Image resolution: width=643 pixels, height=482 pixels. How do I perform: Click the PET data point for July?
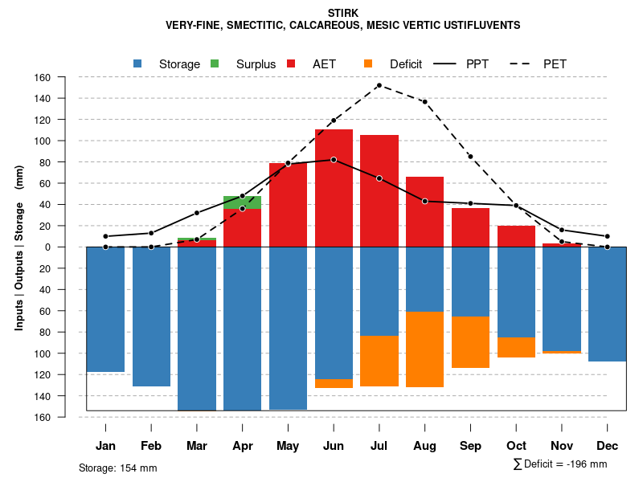coord(379,85)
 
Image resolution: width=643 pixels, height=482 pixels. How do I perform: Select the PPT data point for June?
coord(334,160)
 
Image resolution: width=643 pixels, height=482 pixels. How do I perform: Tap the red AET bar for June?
coord(334,188)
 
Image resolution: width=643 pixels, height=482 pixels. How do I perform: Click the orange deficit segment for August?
coord(424,349)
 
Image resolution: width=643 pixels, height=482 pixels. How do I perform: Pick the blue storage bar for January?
coord(105,309)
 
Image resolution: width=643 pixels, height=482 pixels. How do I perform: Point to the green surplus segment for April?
coord(242,202)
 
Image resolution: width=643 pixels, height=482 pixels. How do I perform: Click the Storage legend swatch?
coord(138,63)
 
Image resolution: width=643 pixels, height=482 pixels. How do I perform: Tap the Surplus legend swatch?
coord(215,63)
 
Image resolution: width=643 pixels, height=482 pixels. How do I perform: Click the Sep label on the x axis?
coord(470,446)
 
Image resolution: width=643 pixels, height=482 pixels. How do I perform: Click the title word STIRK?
coord(343,13)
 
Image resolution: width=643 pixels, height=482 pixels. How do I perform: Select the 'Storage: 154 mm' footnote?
coord(117,468)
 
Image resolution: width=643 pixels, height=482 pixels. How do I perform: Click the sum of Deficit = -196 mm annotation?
coord(559,464)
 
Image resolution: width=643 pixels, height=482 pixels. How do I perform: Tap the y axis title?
coord(19,247)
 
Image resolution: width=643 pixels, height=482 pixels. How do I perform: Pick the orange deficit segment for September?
coord(470,342)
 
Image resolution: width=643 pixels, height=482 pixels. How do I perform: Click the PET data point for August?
coord(424,102)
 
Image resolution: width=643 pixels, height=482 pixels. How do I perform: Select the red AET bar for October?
coord(516,236)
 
